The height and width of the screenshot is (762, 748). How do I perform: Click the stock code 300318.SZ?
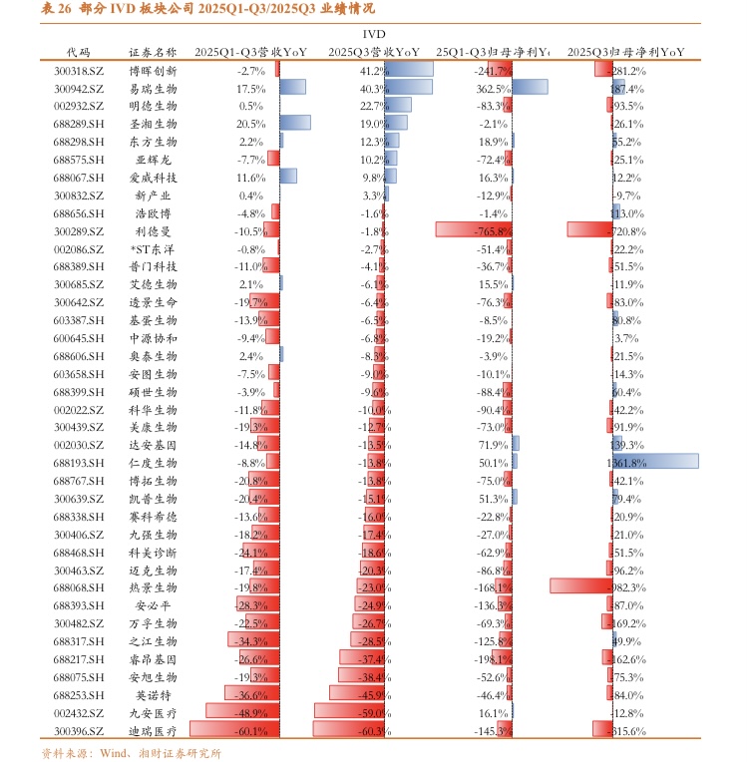click(79, 70)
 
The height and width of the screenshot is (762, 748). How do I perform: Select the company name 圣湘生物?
click(154, 124)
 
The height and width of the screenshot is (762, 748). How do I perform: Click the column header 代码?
click(78, 51)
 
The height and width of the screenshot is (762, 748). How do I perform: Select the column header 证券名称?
click(154, 51)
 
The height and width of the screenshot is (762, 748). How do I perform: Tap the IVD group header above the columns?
click(373, 33)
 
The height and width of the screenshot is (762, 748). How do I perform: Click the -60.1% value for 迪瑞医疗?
click(250, 731)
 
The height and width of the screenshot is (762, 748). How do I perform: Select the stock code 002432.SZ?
click(79, 713)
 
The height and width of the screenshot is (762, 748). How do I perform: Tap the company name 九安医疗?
click(154, 713)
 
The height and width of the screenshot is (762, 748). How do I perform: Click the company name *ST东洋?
click(154, 248)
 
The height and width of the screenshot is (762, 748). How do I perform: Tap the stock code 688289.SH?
click(79, 124)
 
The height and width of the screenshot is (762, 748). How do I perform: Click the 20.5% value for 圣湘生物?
click(250, 124)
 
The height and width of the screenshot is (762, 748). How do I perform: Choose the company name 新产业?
click(154, 195)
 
